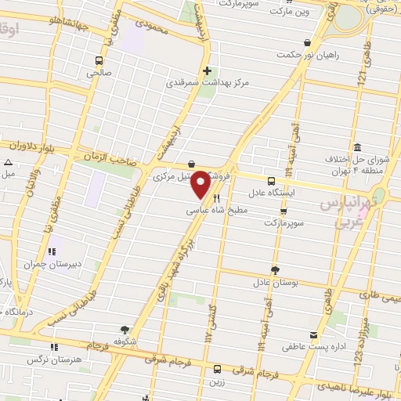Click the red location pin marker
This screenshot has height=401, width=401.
click(x=201, y=184)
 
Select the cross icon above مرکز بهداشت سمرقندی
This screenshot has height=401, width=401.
click(x=207, y=70)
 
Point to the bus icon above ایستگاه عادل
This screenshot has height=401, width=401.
click(x=271, y=179)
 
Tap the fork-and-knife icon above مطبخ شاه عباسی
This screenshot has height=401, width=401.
click(x=216, y=199)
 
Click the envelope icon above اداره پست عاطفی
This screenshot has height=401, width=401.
click(x=313, y=335)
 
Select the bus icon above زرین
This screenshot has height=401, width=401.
click(x=216, y=370)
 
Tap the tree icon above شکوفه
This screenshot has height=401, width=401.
click(x=125, y=331)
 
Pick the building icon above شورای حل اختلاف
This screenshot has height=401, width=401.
click(x=357, y=148)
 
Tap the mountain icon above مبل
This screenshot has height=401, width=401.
click(x=7, y=162)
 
